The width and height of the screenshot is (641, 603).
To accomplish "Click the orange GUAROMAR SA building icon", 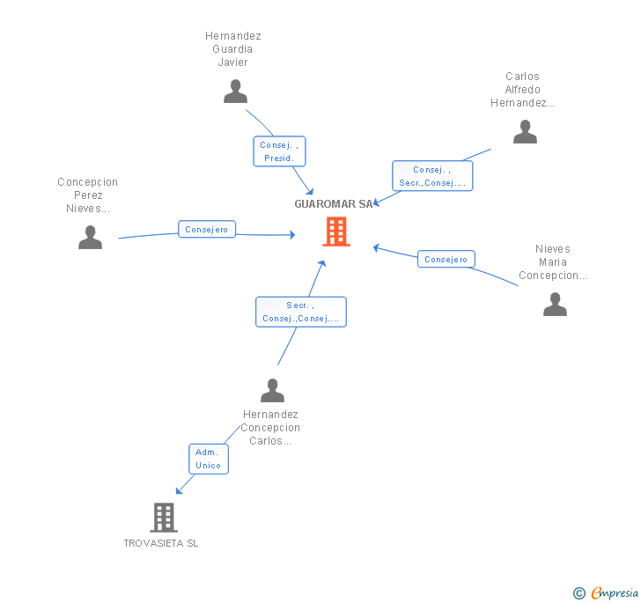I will click(x=335, y=232).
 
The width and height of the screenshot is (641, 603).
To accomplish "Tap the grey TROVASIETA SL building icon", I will click(x=164, y=518).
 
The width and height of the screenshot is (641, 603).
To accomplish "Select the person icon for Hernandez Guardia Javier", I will click(x=235, y=92).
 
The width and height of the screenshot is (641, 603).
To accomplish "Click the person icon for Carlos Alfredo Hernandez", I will click(x=525, y=132).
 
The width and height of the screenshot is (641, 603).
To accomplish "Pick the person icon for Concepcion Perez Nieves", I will click(x=90, y=238).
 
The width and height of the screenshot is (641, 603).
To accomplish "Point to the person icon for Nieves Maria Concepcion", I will click(x=555, y=305).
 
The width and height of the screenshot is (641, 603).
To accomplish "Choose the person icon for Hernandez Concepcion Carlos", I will click(x=273, y=390).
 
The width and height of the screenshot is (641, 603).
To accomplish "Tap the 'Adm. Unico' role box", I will click(x=209, y=459).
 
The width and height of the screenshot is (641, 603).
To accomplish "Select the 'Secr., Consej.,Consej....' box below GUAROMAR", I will click(x=301, y=312).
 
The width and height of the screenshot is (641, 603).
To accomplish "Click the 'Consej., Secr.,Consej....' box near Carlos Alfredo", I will click(x=432, y=176).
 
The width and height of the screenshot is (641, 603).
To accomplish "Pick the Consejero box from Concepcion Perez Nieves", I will click(x=206, y=230).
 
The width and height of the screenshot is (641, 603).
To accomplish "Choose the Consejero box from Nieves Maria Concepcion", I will click(x=446, y=260).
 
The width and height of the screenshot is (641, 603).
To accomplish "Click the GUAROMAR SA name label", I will click(x=333, y=204).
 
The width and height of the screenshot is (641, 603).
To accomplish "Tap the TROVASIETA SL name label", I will click(x=161, y=543).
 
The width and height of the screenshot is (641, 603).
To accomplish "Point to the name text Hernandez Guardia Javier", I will click(x=233, y=49).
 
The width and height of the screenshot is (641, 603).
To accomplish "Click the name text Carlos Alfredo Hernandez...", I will click(x=523, y=90).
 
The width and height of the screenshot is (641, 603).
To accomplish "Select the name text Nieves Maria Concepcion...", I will click(x=553, y=262).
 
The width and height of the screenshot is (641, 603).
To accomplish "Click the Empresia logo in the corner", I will click(x=606, y=592).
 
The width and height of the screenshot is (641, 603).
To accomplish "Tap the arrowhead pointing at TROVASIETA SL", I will click(x=180, y=489).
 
